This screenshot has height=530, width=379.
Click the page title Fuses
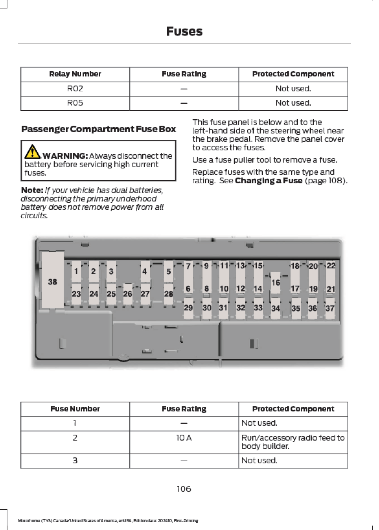pos(184,31)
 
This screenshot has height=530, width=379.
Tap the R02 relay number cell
pos(75,89)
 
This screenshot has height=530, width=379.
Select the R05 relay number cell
pos(75,103)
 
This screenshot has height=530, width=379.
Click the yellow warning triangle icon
pos(32,152)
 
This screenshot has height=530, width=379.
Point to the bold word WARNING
pos(65,156)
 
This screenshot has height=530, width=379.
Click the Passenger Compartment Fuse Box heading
pos(98,129)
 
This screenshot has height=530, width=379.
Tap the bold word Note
pos(32,190)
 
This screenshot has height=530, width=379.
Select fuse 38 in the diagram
pos(52,281)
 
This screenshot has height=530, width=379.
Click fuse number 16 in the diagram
pos(276,282)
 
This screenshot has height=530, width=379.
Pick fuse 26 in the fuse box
pos(127,294)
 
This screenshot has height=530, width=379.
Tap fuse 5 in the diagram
pos(169,271)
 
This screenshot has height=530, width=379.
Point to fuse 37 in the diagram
pos(330,308)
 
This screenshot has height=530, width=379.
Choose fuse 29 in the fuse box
pos(188,308)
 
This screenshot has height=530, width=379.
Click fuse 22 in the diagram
pos(331,266)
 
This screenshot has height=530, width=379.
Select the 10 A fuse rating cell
pos(184,438)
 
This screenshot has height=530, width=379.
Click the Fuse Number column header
pos(75,409)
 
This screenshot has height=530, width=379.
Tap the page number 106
pos(184,489)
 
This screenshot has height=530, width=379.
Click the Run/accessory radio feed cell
pos(293,442)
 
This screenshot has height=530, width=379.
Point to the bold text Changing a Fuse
pos(268,181)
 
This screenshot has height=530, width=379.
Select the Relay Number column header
pos(75,74)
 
